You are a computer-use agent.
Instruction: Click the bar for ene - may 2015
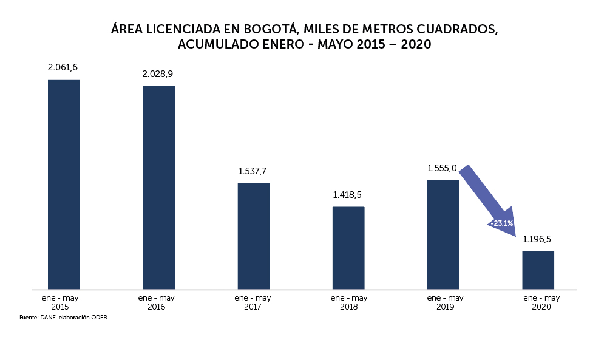pos(64,184)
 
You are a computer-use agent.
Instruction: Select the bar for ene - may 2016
pos(158,187)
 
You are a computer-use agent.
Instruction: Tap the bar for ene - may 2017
pos(253,236)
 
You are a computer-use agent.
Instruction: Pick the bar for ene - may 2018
pos(348,248)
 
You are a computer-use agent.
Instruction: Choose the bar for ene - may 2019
pos(443,234)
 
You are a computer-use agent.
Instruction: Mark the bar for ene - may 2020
pos(538,270)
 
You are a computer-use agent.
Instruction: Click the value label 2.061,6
pos(64,67)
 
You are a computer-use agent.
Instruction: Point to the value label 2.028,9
pos(158,74)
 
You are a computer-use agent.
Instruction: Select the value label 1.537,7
pos(253,171)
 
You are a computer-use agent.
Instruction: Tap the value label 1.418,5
pos(348,195)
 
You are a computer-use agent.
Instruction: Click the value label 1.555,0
pos(442,168)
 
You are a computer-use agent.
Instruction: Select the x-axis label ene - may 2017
pos(253,302)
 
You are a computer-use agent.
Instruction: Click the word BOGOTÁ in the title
pos(270,29)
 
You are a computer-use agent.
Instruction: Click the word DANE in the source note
pos(47,318)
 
